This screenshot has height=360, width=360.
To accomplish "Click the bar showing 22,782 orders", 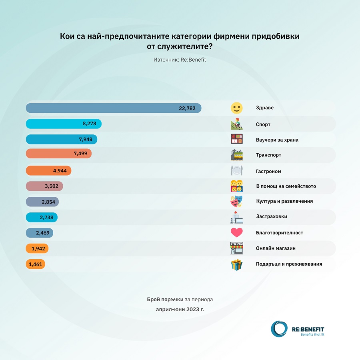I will (113, 108).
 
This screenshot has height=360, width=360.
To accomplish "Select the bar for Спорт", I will (63, 124).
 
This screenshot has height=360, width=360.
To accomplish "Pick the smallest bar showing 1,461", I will (35, 264).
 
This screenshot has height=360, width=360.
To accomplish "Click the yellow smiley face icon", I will (237, 108).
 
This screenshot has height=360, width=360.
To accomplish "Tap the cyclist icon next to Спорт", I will (237, 124).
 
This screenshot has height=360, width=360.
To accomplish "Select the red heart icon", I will (237, 232).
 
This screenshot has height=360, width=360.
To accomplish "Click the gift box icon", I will (237, 264).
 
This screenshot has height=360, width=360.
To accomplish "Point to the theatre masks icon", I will (237, 201).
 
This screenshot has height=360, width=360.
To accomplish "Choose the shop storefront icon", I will (237, 248).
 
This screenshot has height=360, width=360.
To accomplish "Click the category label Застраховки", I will (271, 216).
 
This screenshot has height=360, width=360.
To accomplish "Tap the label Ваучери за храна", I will (277, 140).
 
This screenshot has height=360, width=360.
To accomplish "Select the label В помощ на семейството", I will (286, 186).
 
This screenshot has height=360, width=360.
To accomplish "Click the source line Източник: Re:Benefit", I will (180, 60).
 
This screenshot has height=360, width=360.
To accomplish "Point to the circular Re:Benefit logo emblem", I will (279, 328).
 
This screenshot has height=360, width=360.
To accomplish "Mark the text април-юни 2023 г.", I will (180, 309).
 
